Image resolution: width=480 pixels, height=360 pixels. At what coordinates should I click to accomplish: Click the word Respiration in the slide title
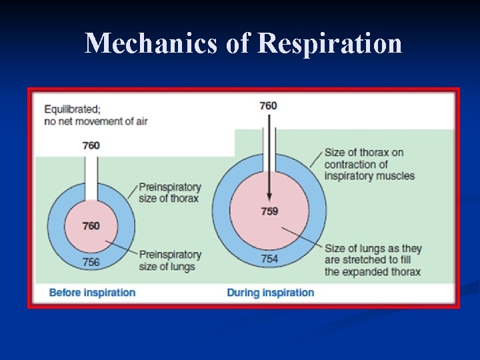(329, 44)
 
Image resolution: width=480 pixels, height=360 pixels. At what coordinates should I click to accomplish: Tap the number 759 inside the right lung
(269, 211)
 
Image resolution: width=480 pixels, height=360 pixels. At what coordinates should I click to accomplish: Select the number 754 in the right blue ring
(269, 258)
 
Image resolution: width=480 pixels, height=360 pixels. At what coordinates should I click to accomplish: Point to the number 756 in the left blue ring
(91, 262)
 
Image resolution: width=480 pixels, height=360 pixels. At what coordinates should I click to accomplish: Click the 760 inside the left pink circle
(91, 226)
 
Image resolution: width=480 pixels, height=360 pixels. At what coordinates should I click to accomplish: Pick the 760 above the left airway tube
(91, 145)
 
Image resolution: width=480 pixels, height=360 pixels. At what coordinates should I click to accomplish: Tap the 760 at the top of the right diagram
(269, 105)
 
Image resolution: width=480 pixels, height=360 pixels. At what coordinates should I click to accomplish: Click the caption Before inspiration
(92, 293)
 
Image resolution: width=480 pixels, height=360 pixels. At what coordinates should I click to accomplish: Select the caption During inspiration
(270, 293)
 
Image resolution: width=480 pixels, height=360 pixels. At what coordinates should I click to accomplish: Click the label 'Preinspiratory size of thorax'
(169, 193)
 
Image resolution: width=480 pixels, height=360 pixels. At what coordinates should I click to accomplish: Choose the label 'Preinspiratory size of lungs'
(169, 261)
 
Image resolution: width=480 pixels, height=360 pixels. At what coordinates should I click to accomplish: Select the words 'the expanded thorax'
(373, 272)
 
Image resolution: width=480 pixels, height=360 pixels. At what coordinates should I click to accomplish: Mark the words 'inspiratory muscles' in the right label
(369, 176)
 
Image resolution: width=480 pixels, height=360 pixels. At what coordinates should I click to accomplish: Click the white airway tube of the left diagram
(91, 177)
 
